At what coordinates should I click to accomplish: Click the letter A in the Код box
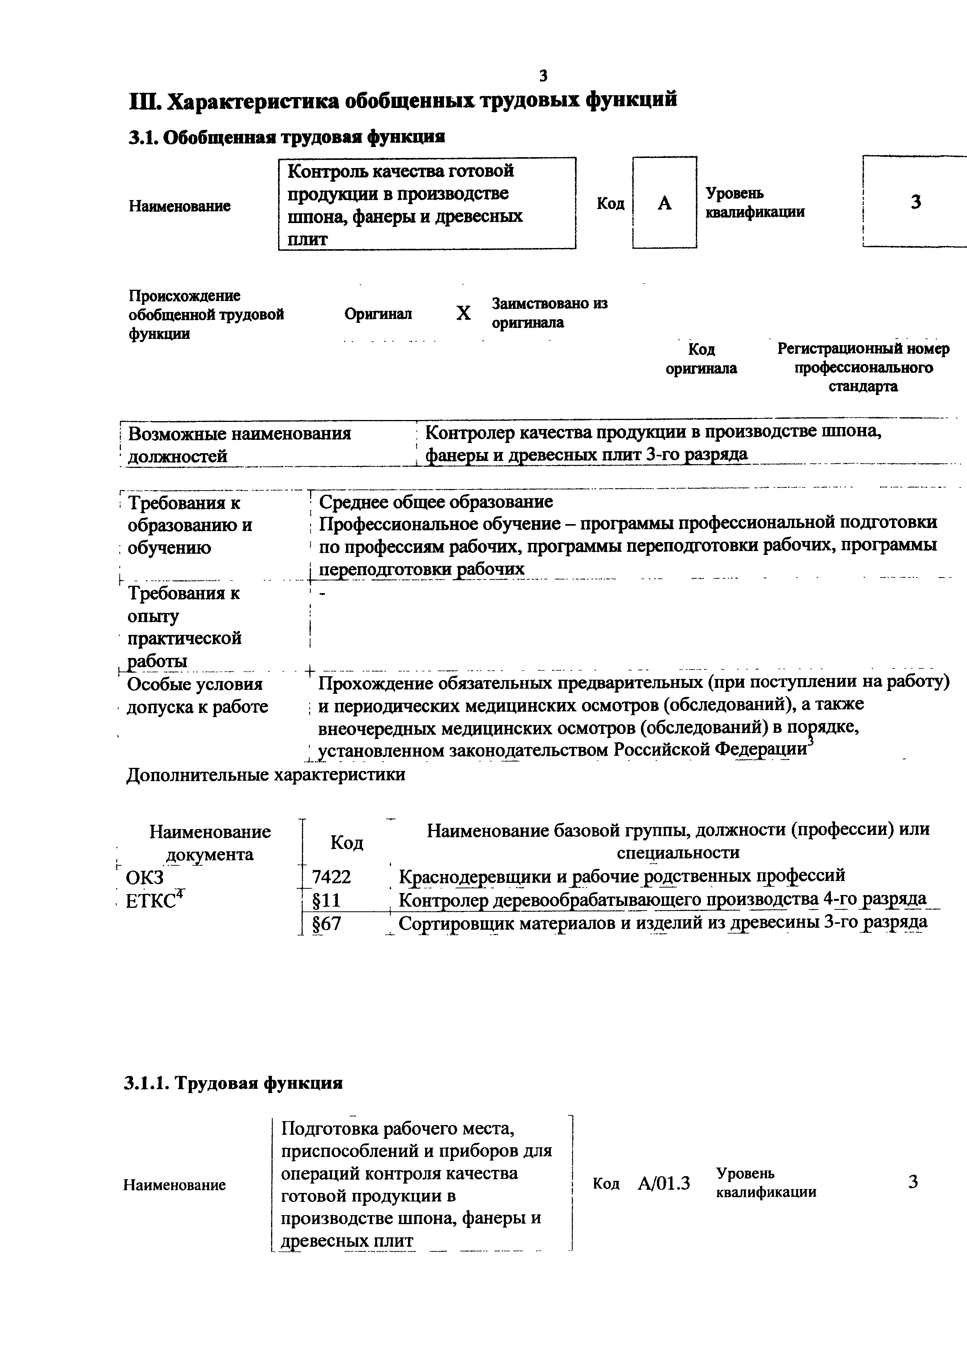(664, 204)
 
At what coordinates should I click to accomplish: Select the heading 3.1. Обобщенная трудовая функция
(287, 137)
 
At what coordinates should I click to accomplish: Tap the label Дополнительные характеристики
(266, 774)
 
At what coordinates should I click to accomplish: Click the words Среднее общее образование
(436, 501)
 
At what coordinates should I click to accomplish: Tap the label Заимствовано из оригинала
(549, 313)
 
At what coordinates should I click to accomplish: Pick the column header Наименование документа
(210, 842)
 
